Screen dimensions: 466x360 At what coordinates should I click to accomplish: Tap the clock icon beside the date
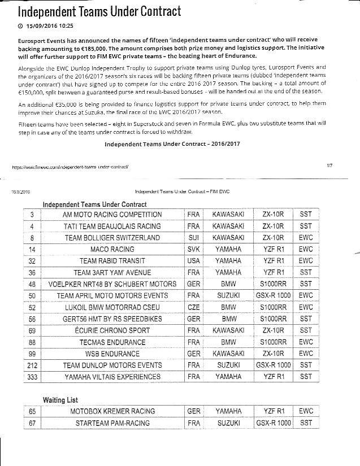click(21, 26)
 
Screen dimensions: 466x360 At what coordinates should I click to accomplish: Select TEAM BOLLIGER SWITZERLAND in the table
click(112, 238)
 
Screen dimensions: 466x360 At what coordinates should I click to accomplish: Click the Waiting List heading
click(60, 400)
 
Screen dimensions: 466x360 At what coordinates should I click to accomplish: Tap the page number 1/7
click(330, 165)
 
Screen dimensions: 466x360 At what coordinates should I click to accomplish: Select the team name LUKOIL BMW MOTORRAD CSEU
click(112, 307)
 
